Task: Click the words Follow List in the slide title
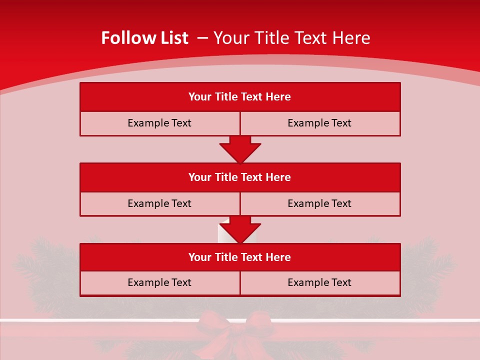144,38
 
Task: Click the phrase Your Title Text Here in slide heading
292,38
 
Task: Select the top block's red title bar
240,97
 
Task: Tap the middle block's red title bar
240,177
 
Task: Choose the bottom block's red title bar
240,257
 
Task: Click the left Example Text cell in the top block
159,123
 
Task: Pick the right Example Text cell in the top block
319,123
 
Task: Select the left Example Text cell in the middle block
159,203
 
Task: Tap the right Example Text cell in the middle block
319,203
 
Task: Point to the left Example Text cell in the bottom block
159,282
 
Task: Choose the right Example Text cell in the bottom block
319,282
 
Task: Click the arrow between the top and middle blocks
240,149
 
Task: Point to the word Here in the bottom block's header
278,257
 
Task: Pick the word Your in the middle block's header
200,177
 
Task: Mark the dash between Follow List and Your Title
202,38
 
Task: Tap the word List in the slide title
174,38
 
